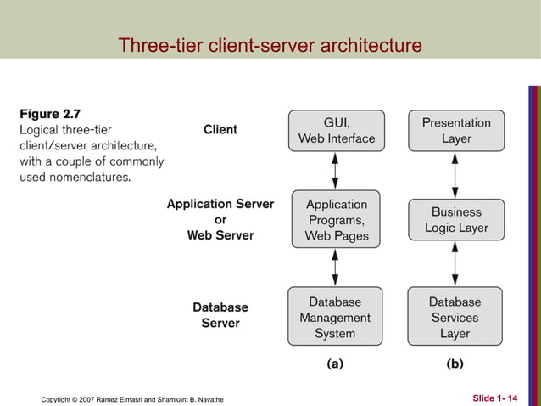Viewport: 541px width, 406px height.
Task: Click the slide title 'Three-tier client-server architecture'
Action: [x=270, y=45]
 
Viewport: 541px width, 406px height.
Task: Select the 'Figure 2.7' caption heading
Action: [x=50, y=114]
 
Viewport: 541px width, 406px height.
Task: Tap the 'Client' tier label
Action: [x=220, y=130]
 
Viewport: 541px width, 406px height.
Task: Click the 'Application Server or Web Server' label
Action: [x=220, y=219]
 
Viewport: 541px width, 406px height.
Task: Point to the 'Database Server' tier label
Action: [x=220, y=315]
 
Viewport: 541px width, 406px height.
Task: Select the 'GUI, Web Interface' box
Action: [x=337, y=130]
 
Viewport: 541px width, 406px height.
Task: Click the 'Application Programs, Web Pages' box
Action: [x=337, y=220]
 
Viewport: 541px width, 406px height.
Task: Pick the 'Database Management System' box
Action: [x=336, y=318]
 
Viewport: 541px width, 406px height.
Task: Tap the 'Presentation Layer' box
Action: [x=456, y=130]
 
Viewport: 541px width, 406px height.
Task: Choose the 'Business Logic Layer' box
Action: [x=456, y=221]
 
